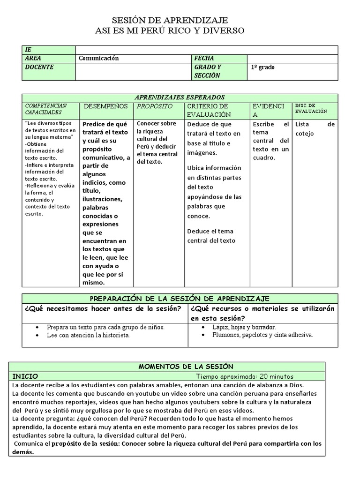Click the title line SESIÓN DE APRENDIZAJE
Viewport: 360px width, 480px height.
(170, 20)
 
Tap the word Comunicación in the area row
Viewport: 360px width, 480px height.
(99, 58)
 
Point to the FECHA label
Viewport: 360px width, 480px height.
(204, 58)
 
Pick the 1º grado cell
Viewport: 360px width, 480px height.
(263, 67)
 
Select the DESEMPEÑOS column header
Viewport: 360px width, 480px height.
(105, 106)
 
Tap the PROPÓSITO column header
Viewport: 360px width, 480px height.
(155, 106)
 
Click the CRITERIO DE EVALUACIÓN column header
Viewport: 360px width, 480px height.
(209, 110)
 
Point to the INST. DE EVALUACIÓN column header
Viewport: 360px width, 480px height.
(311, 108)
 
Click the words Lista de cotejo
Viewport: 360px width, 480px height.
(315, 129)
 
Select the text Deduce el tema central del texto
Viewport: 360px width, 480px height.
(211, 236)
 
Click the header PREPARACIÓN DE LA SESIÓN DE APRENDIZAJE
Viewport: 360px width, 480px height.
(180, 299)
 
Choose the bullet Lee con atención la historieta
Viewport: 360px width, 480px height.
(88, 335)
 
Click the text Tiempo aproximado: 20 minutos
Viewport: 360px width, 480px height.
(245, 376)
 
